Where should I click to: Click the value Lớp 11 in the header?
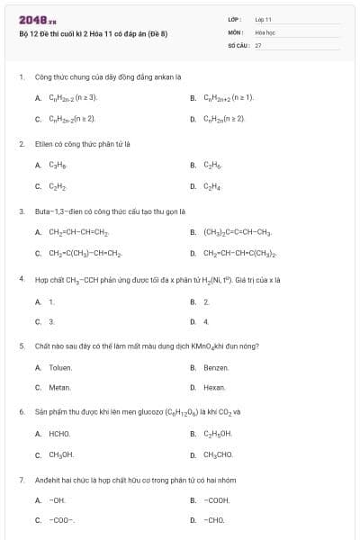[x=263, y=18]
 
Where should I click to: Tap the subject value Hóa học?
[x=264, y=31]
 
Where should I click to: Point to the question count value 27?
[x=257, y=44]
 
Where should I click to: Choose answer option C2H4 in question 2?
[x=211, y=187]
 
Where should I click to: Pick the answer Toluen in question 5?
[x=60, y=367]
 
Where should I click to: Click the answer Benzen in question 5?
[x=216, y=367]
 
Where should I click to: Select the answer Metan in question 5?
[x=59, y=387]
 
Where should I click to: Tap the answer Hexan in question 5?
[x=214, y=387]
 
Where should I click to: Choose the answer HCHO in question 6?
[x=59, y=434]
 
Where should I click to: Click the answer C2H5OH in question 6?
[x=218, y=434]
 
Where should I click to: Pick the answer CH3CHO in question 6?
[x=218, y=454]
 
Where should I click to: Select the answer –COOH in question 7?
[x=217, y=499]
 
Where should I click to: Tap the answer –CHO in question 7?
[x=214, y=519]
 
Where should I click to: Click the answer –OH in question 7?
[x=58, y=499]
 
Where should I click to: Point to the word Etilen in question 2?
[x=41, y=143]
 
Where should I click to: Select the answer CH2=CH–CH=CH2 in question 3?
[x=78, y=231]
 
